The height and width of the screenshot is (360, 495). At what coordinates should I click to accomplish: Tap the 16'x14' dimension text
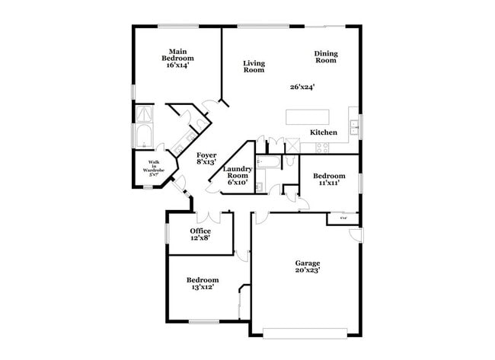click(178, 65)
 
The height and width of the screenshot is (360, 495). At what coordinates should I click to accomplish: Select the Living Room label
click(254, 66)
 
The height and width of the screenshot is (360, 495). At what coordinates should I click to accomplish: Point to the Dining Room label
click(326, 57)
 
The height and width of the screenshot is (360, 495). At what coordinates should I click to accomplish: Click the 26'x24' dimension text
click(302, 87)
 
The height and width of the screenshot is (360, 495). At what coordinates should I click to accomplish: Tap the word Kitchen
click(324, 132)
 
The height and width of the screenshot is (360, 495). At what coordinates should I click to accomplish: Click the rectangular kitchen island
click(309, 117)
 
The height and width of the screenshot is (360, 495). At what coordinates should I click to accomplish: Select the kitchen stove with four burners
click(289, 145)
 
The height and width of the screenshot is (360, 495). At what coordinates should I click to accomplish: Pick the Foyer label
click(206, 155)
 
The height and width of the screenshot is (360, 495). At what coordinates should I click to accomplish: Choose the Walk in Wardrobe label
click(154, 168)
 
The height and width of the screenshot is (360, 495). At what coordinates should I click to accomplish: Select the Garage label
click(308, 263)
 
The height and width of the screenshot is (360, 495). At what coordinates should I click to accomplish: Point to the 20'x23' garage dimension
click(308, 270)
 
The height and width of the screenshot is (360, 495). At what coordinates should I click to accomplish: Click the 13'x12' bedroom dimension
click(203, 287)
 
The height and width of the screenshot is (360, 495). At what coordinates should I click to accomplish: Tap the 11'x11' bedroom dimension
click(328, 183)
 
